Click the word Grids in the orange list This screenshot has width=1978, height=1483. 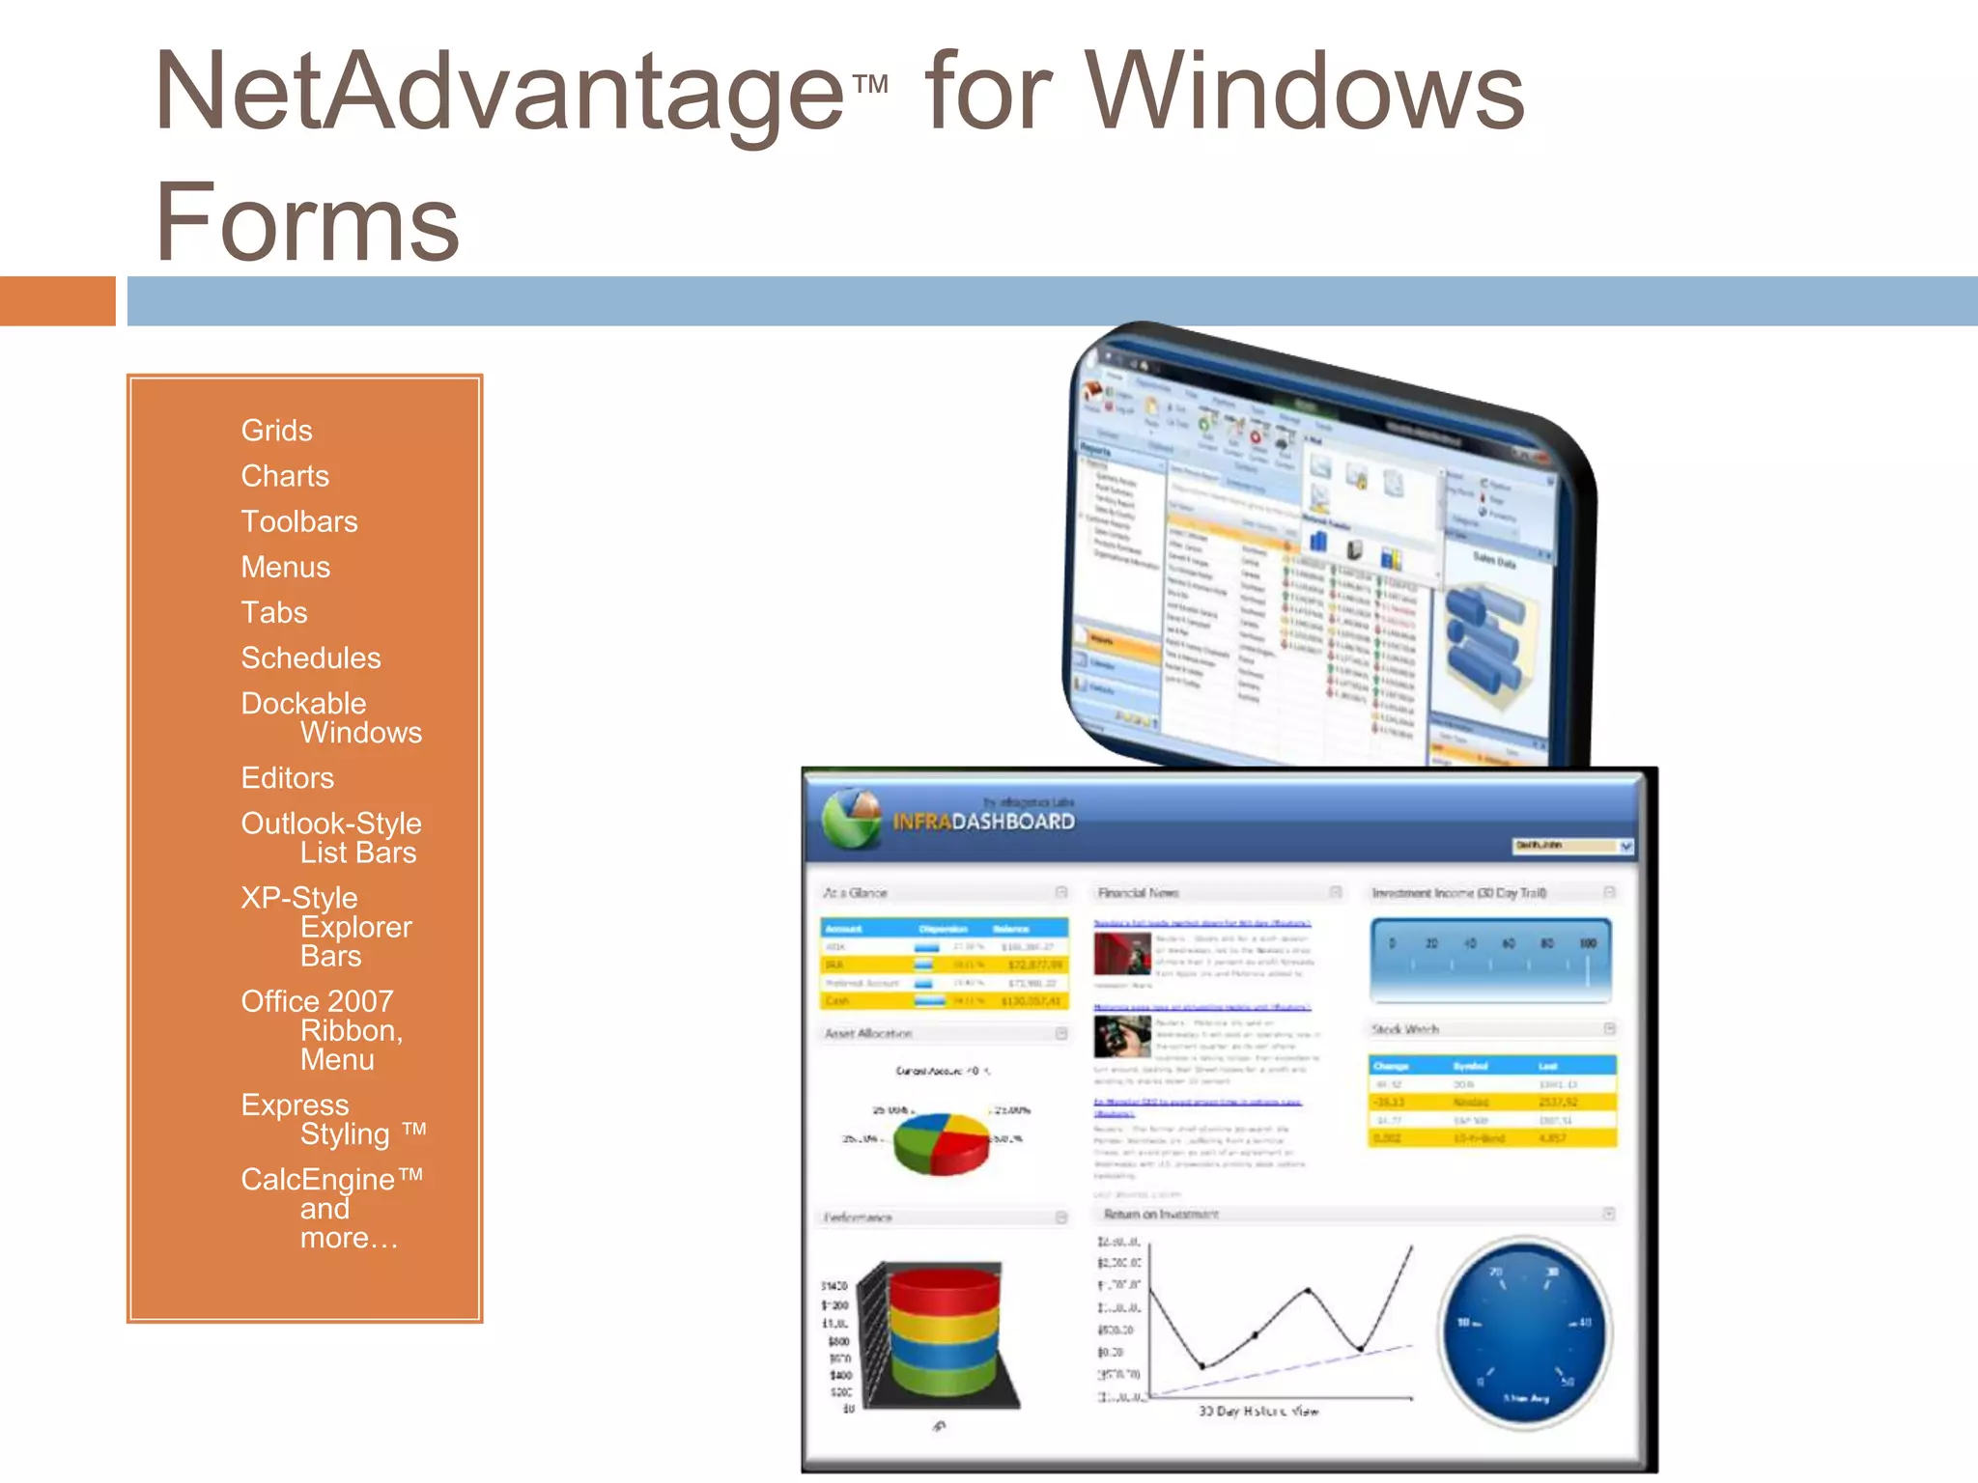276,431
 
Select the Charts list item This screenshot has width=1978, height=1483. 285,476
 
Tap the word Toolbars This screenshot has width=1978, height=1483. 298,521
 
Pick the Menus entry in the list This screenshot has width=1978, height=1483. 285,567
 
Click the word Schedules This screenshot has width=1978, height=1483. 310,658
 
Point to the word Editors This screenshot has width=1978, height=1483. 287,778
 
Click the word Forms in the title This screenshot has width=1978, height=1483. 307,222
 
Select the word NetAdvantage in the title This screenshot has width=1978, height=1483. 498,92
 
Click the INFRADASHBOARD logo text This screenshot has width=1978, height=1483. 982,822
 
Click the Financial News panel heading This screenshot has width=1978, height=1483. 1138,893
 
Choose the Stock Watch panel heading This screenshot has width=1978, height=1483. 1405,1029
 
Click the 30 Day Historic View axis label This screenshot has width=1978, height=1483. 1257,1411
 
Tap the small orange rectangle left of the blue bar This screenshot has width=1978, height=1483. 57,301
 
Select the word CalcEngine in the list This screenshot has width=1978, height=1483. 318,1179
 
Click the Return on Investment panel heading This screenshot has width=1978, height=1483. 1160,1215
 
